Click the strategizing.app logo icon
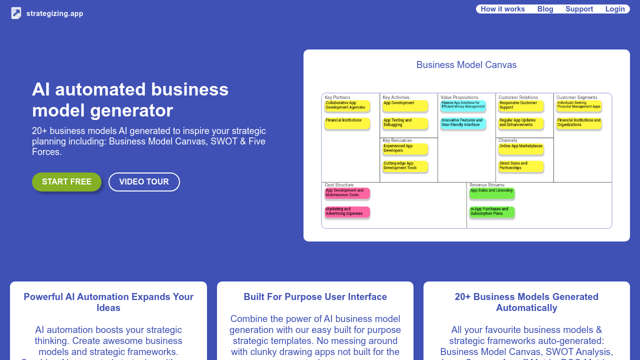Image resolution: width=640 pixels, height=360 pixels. pyautogui.click(x=16, y=13)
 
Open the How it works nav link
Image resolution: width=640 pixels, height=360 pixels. pyautogui.click(x=502, y=9)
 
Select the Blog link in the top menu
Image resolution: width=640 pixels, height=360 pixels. pyautogui.click(x=545, y=9)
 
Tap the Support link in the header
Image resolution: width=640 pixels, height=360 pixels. pyautogui.click(x=579, y=9)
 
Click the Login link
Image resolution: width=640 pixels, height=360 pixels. pyautogui.click(x=615, y=9)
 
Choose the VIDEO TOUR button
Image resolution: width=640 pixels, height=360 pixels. pyautogui.click(x=144, y=182)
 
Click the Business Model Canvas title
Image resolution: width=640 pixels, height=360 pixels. pyautogui.click(x=466, y=65)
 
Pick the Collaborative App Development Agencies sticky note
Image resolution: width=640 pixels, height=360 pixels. pyautogui.click(x=347, y=105)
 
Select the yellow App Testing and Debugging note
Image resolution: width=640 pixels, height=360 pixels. pyautogui.click(x=405, y=123)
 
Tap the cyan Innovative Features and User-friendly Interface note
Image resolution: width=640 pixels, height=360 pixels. pyautogui.click(x=463, y=123)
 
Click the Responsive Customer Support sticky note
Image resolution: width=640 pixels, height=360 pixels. pyautogui.click(x=521, y=105)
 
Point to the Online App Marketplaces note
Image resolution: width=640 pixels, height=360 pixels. pyautogui.click(x=521, y=148)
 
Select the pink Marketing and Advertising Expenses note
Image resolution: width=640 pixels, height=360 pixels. pyautogui.click(x=347, y=212)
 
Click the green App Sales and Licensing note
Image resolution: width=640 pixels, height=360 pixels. pyautogui.click(x=492, y=192)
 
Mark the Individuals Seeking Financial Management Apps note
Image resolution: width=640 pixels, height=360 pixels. pyautogui.click(x=579, y=105)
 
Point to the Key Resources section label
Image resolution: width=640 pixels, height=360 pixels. pyautogui.click(x=397, y=140)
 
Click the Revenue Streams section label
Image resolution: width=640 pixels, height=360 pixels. pyautogui.click(x=487, y=185)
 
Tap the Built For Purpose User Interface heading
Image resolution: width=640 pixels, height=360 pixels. pyautogui.click(x=315, y=297)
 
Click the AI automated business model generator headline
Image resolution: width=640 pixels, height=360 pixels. pyautogui.click(x=130, y=99)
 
